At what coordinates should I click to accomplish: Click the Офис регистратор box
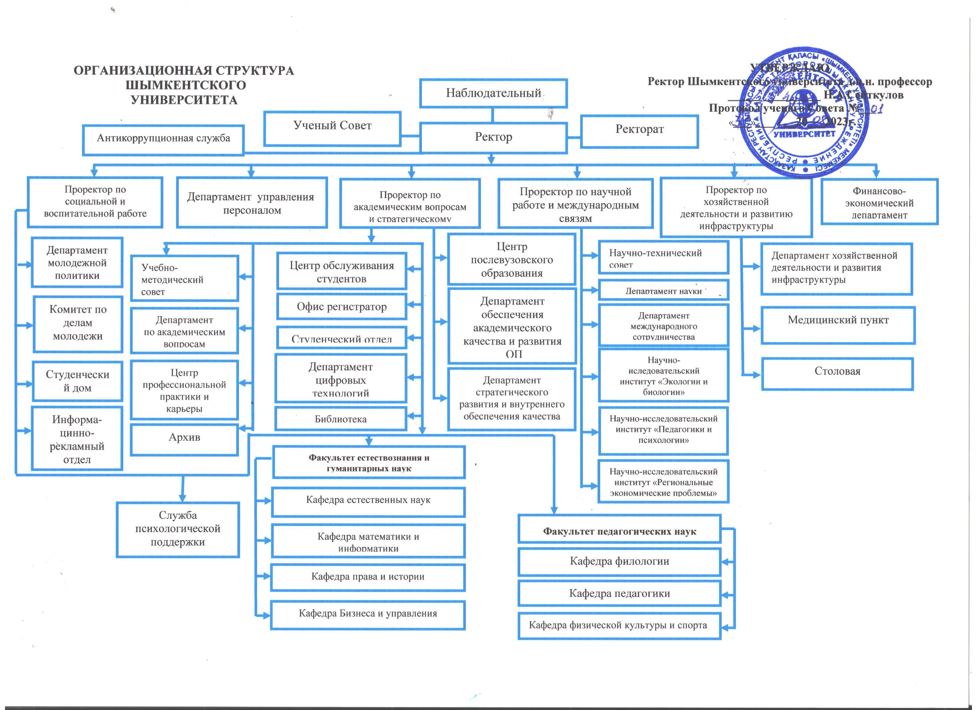coord(342,307)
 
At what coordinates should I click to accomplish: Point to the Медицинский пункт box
coord(838,325)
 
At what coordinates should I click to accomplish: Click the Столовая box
coord(837,373)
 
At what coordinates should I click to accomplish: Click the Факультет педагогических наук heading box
coord(619,531)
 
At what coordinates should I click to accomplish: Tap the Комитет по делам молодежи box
coord(77,324)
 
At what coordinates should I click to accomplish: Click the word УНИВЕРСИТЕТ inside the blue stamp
coord(804,134)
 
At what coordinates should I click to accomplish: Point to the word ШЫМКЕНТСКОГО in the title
coord(186,85)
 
